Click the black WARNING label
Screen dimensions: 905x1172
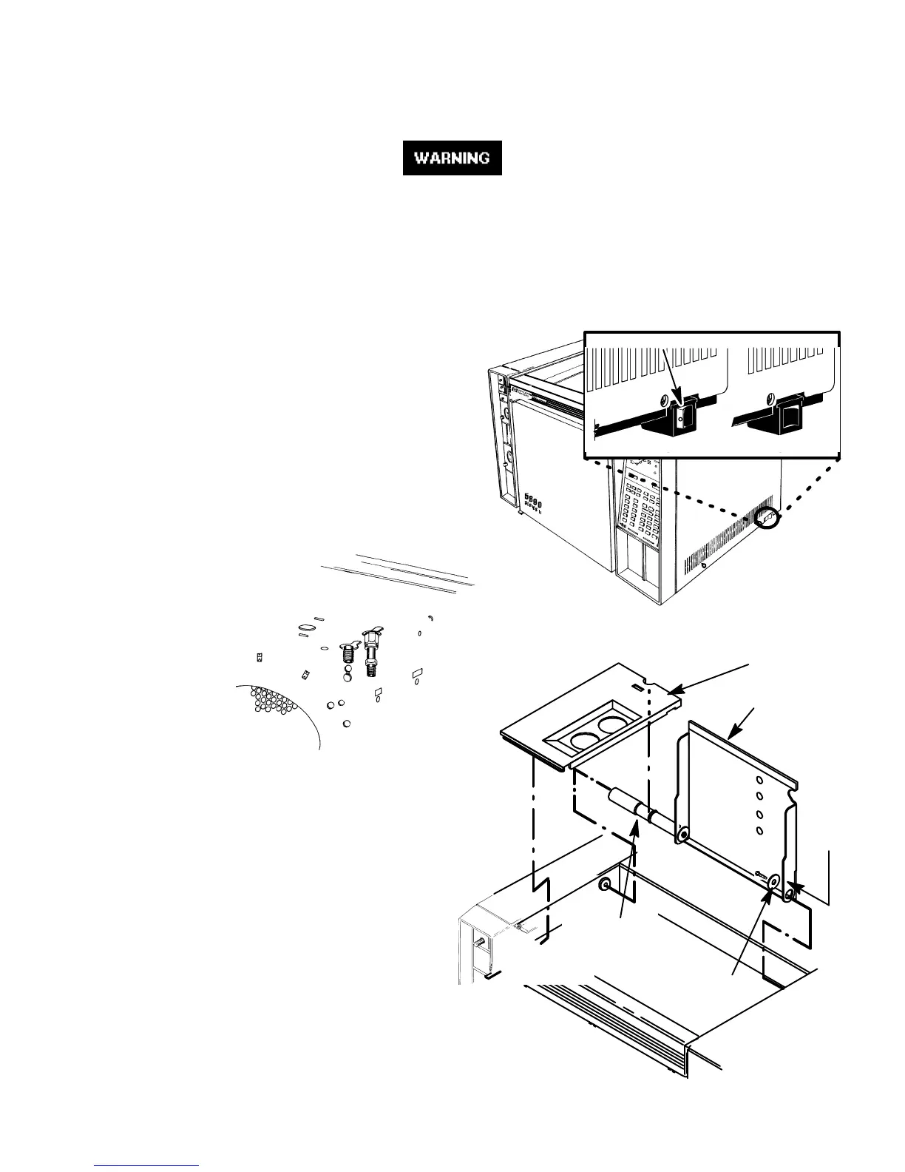point(452,158)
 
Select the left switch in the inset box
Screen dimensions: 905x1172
point(681,420)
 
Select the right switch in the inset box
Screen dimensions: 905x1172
point(787,418)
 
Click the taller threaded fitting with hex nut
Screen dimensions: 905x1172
point(370,650)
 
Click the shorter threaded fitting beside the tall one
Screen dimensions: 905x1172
point(347,653)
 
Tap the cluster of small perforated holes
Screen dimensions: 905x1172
point(274,704)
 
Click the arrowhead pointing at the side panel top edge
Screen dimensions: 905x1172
point(733,735)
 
